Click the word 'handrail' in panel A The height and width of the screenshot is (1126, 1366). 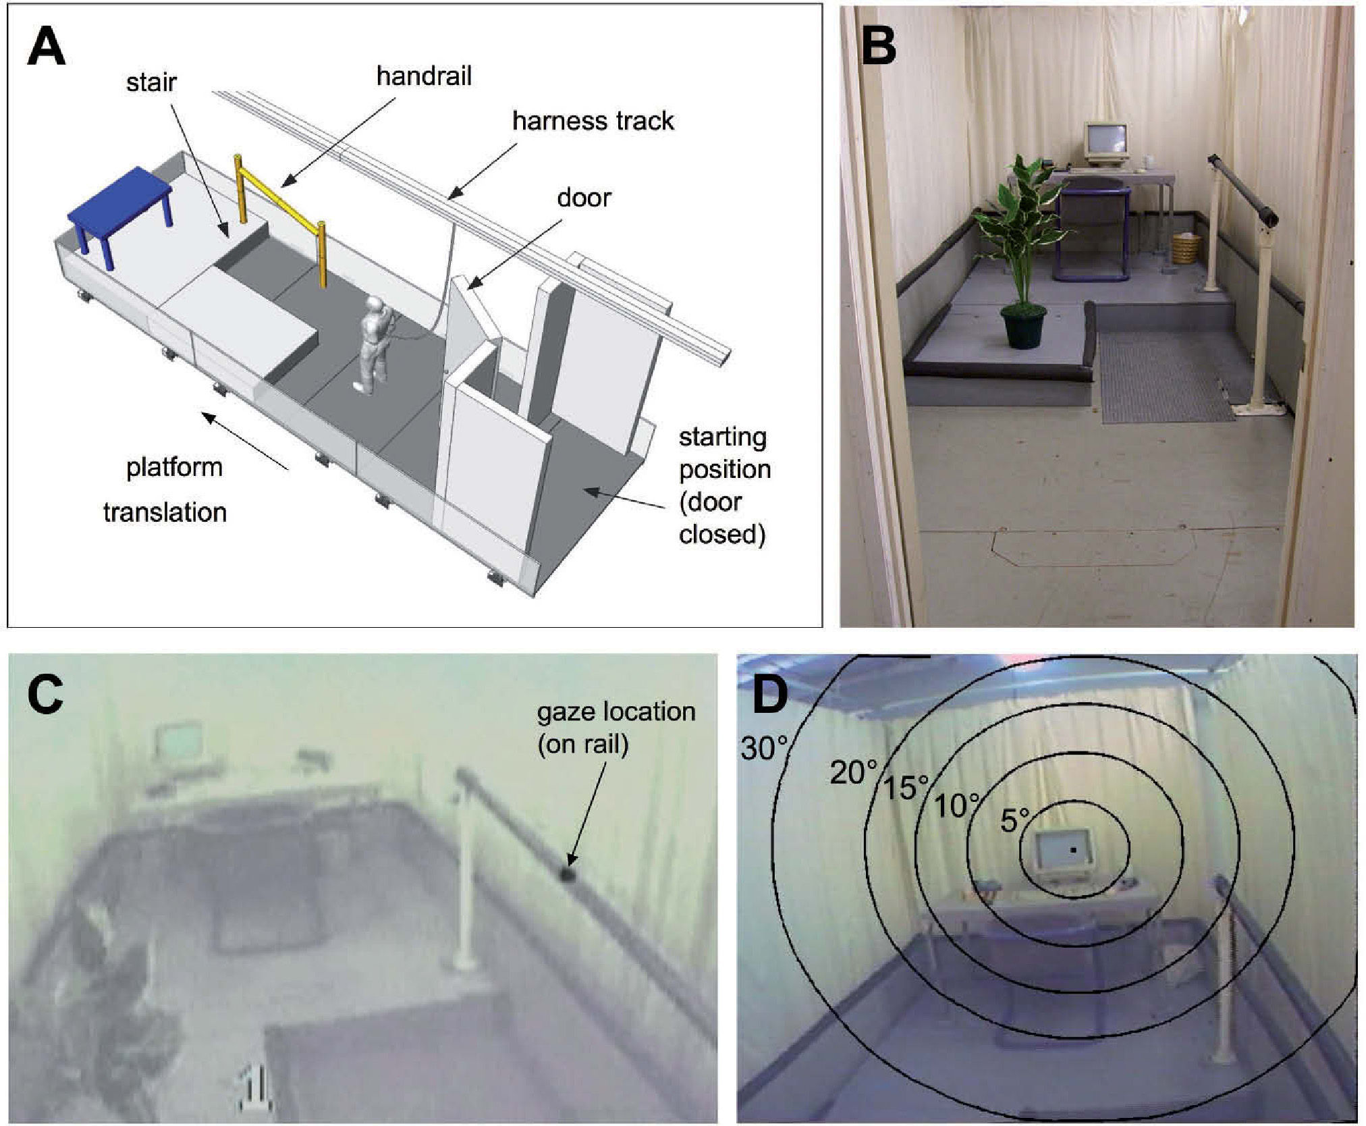coord(424,76)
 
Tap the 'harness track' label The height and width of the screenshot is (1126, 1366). coord(593,122)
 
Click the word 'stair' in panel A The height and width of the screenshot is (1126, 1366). coord(151,82)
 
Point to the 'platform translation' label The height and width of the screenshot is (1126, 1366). coord(169,489)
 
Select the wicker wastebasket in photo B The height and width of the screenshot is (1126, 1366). coord(1186,248)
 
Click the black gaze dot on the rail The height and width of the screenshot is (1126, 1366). coord(566,876)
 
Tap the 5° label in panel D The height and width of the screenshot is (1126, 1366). coord(1014,820)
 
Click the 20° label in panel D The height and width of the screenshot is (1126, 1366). coord(853,773)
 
